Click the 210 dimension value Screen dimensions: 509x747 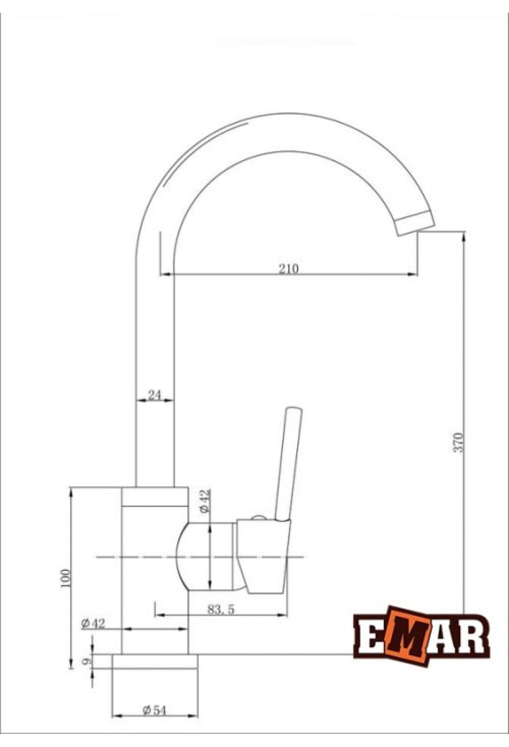coord(289,269)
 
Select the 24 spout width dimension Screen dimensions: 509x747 coord(154,395)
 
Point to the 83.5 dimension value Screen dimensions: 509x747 coord(221,609)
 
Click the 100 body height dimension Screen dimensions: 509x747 coord(66,578)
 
